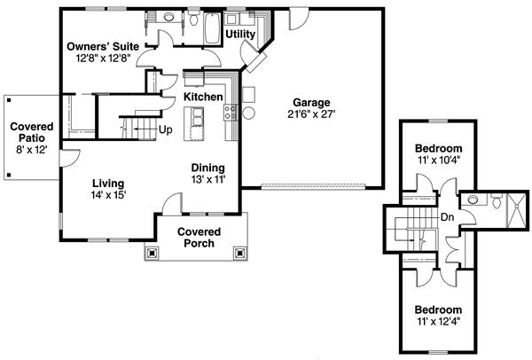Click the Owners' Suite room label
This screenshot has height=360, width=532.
[103, 46]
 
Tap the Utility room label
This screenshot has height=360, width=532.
[240, 35]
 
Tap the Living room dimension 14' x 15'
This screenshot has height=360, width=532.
[110, 196]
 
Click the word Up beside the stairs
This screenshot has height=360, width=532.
[165, 129]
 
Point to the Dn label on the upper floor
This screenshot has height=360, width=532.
[447, 215]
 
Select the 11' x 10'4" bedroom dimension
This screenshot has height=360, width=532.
[440, 160]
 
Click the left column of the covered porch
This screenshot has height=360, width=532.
[153, 252]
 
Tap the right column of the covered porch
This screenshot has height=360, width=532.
[239, 252]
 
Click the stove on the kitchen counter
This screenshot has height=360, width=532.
[230, 112]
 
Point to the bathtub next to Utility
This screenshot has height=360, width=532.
[209, 28]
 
